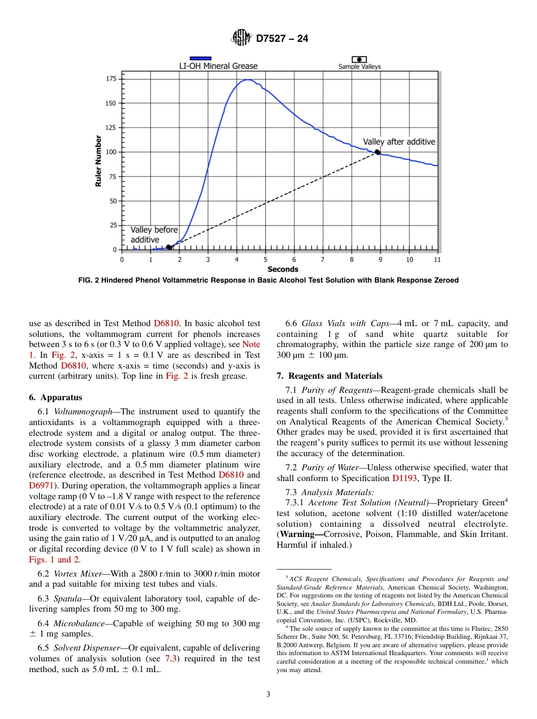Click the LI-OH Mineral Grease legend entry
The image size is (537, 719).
[218, 66]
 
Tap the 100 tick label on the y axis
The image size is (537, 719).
[111, 152]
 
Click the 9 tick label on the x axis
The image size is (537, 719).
[380, 259]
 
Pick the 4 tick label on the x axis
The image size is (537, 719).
[237, 259]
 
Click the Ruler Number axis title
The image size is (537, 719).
[98, 161]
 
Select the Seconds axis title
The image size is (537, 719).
[283, 270]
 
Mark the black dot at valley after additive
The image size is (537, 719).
[377, 151]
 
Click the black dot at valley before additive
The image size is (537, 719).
[168, 247]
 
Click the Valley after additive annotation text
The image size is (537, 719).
[399, 142]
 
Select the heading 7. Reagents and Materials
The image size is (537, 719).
[329, 376]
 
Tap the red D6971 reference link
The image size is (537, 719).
[40, 485]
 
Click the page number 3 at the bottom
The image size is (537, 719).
[268, 695]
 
